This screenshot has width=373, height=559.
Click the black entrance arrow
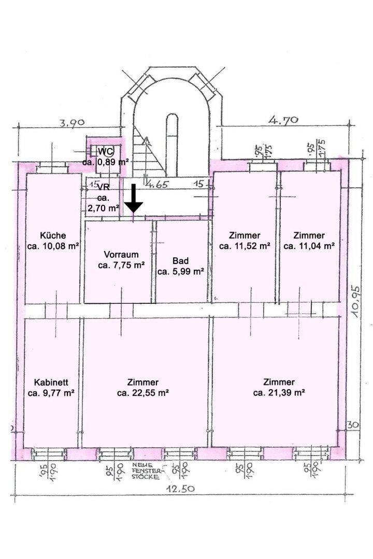click(134, 198)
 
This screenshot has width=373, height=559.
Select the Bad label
click(180, 260)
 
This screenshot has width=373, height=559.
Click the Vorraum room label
click(121, 255)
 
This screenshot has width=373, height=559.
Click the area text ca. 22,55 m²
click(142, 393)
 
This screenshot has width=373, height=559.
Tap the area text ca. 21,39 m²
click(279, 393)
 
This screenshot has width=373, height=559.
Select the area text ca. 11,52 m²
click(245, 246)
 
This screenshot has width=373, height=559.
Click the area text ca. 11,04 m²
click(309, 246)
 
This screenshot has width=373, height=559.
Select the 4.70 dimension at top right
click(282, 120)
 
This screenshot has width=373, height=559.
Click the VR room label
click(103, 187)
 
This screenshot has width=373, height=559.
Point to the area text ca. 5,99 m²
click(180, 271)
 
